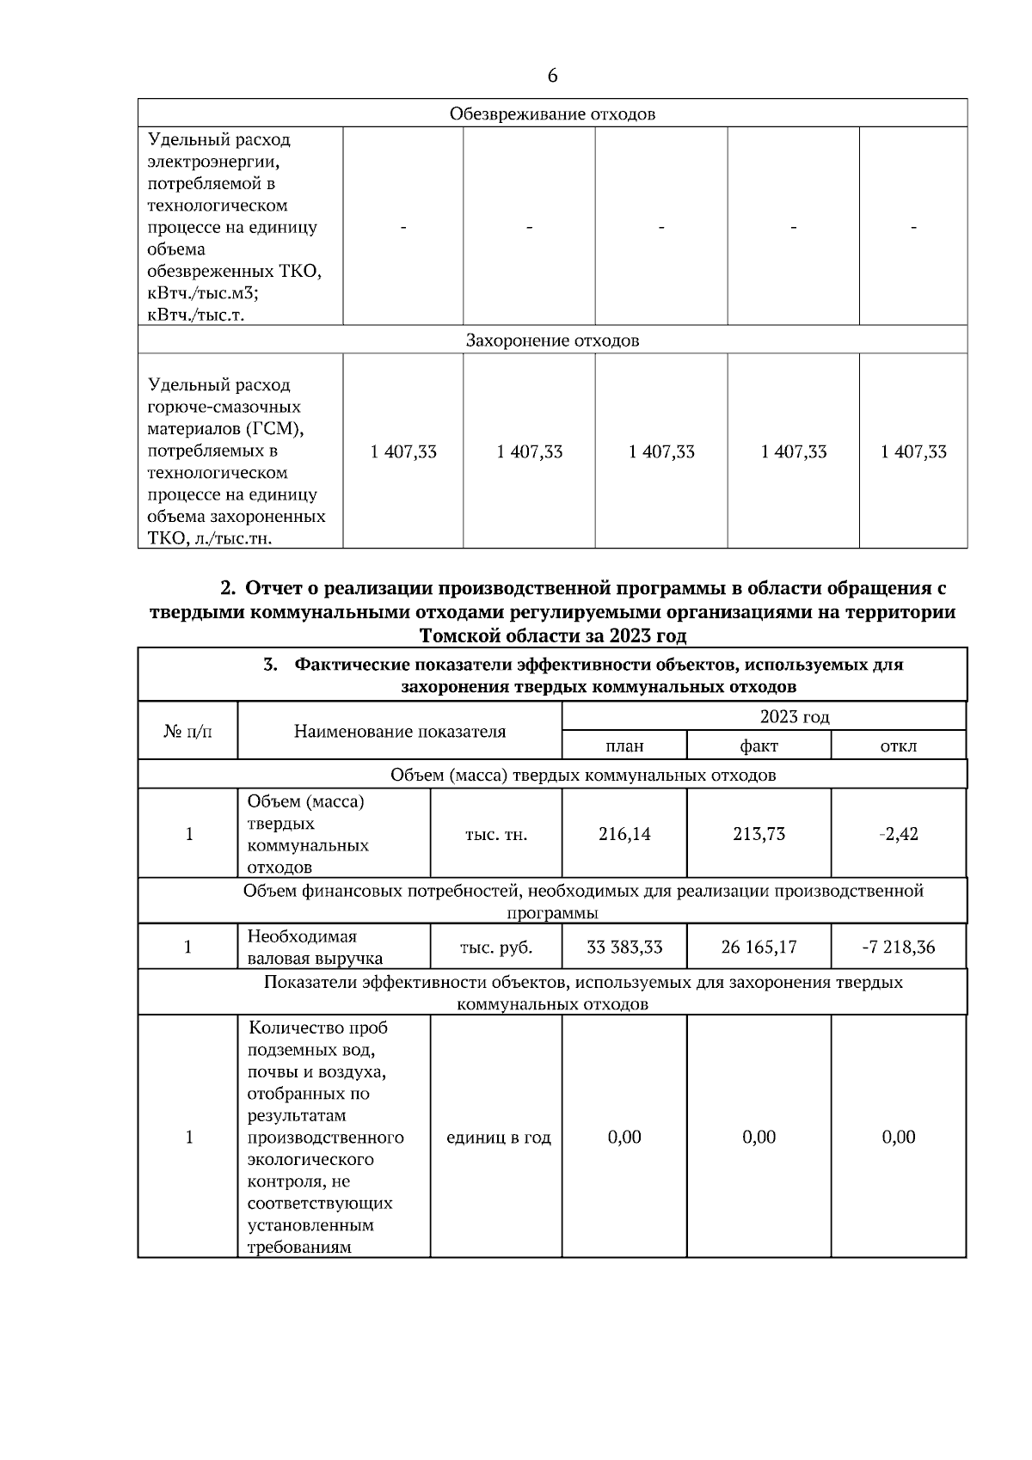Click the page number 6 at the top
click(552, 76)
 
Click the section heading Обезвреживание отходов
click(552, 113)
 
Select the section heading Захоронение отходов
click(552, 340)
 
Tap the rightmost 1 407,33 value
click(913, 452)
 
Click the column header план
click(624, 745)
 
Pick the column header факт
click(759, 745)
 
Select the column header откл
click(899, 745)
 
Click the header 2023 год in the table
click(794, 717)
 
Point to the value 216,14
click(624, 834)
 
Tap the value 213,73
click(759, 834)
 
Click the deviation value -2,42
click(899, 834)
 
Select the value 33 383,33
click(624, 948)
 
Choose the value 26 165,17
click(759, 948)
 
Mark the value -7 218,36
click(899, 948)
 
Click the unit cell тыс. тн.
click(496, 834)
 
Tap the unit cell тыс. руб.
click(496, 948)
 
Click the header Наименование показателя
click(400, 732)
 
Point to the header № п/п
click(187, 732)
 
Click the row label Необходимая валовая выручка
click(315, 948)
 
